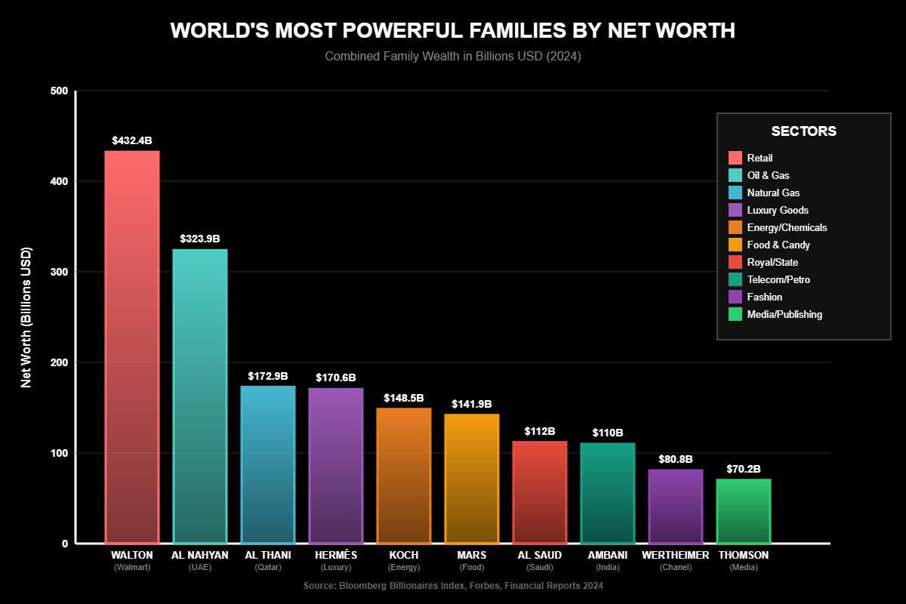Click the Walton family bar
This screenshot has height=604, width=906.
tap(132, 347)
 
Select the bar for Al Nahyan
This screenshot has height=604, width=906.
tap(200, 396)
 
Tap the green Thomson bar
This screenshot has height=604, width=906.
tap(744, 511)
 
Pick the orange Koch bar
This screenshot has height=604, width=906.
tap(404, 476)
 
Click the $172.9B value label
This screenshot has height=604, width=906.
tap(268, 375)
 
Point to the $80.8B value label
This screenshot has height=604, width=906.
tap(676, 458)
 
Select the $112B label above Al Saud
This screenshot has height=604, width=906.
tap(540, 431)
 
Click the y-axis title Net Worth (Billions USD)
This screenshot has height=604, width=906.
tap(26, 317)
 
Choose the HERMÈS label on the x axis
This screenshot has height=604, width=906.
tap(336, 555)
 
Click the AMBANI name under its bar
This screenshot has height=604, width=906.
tap(608, 555)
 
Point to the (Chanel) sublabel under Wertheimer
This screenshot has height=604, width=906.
tap(676, 567)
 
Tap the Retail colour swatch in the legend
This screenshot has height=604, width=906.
tap(735, 158)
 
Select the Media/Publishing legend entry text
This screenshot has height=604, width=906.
tap(784, 314)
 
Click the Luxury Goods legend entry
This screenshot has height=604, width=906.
tap(778, 210)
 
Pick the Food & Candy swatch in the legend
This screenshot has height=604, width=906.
tap(735, 245)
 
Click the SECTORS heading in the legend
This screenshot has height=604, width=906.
tap(803, 131)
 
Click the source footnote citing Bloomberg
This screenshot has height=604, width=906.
tap(453, 586)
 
